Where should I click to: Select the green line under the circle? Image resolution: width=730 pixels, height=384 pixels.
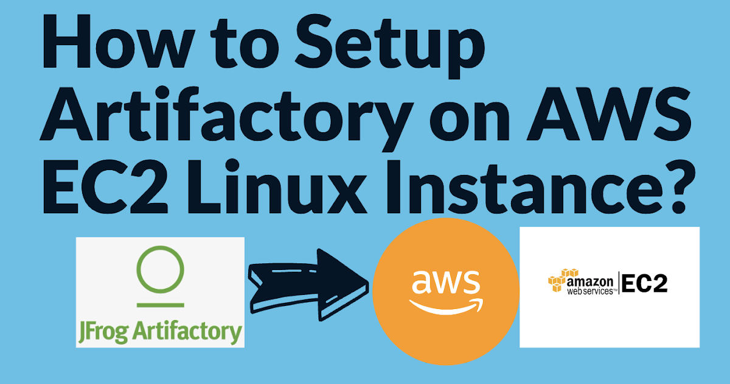[160, 303]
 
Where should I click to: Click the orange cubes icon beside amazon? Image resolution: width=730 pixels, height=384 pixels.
[557, 281]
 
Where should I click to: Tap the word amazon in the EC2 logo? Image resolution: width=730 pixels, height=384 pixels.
[589, 282]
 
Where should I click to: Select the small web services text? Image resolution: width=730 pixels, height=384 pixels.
[588, 292]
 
